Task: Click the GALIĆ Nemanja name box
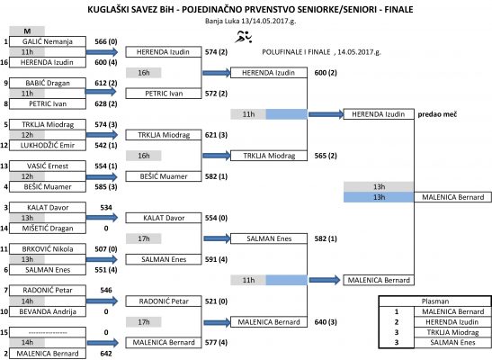48,41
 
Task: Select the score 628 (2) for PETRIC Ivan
106,103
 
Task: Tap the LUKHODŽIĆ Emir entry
48,145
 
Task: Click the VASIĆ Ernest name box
48,166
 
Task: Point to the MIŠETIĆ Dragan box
48,229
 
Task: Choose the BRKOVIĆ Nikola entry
48,249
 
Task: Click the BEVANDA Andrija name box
48,311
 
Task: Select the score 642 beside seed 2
106,354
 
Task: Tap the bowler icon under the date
244,37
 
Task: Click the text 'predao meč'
437,114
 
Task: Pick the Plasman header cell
435,301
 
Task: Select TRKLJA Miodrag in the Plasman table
452,332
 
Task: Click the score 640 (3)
326,322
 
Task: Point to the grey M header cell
27,31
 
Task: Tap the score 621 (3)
216,135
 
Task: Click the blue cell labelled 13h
379,197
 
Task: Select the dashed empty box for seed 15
48,332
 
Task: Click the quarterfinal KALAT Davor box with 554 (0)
164,218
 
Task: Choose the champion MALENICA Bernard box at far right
452,197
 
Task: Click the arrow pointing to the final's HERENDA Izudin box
326,114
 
